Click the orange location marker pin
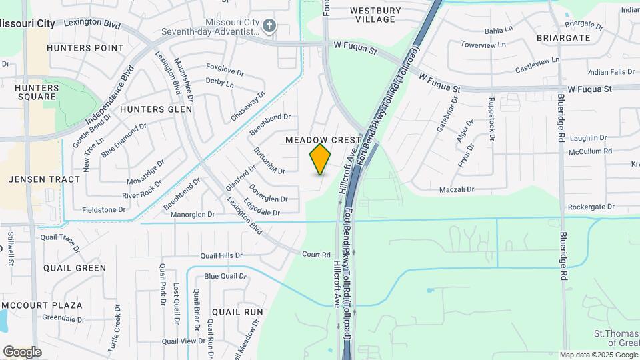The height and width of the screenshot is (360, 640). [321, 159]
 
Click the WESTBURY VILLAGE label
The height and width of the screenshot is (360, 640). [375, 15]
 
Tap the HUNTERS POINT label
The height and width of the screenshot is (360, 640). [85, 48]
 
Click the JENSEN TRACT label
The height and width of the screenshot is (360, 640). [45, 179]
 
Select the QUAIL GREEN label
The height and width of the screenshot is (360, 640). [75, 268]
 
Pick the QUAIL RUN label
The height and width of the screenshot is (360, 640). [237, 311]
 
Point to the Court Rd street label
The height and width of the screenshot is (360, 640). [316, 255]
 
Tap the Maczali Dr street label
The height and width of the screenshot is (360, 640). [456, 190]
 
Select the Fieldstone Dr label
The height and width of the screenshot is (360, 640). [103, 209]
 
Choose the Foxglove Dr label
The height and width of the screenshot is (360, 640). [227, 67]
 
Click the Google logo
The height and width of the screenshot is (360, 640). [22, 352]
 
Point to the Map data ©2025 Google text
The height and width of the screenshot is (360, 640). [598, 355]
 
